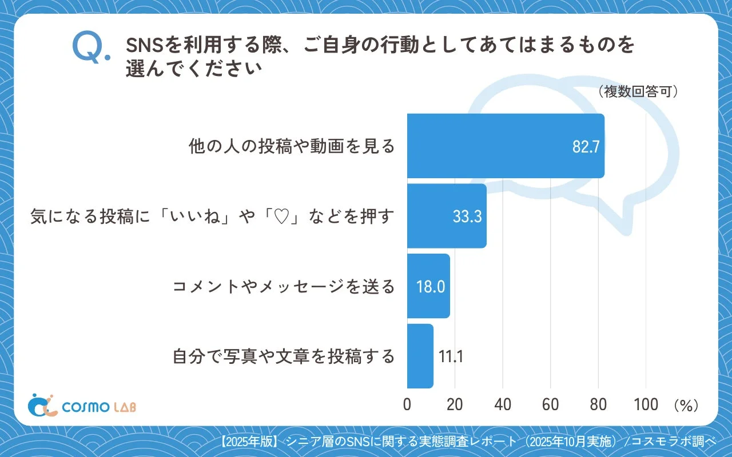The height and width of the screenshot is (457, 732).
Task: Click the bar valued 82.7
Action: [x=506, y=146]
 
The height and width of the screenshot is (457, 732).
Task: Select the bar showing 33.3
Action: [x=447, y=216]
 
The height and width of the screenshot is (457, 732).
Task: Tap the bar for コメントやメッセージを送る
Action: [x=428, y=286]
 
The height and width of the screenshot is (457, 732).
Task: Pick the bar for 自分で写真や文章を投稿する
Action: [x=420, y=356]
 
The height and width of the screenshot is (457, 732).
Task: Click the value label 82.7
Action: [x=586, y=147]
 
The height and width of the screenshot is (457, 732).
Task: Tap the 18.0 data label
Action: [x=431, y=287]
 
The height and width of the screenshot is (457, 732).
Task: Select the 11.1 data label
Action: [x=451, y=356]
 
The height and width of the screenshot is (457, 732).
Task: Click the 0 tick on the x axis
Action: [x=407, y=404]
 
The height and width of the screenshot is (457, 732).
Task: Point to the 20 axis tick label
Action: [x=455, y=404]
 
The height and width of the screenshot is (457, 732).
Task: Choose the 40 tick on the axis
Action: [x=503, y=404]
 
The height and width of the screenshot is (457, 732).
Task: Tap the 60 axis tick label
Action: [x=550, y=404]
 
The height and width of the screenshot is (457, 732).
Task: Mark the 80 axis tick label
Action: [x=598, y=404]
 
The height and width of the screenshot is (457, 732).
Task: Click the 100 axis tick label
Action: [x=646, y=404]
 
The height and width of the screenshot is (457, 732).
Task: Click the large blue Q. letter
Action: [x=90, y=47]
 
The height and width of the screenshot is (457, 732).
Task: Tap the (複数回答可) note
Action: [x=638, y=92]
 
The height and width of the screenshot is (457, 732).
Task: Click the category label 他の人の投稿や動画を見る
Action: [x=292, y=146]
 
